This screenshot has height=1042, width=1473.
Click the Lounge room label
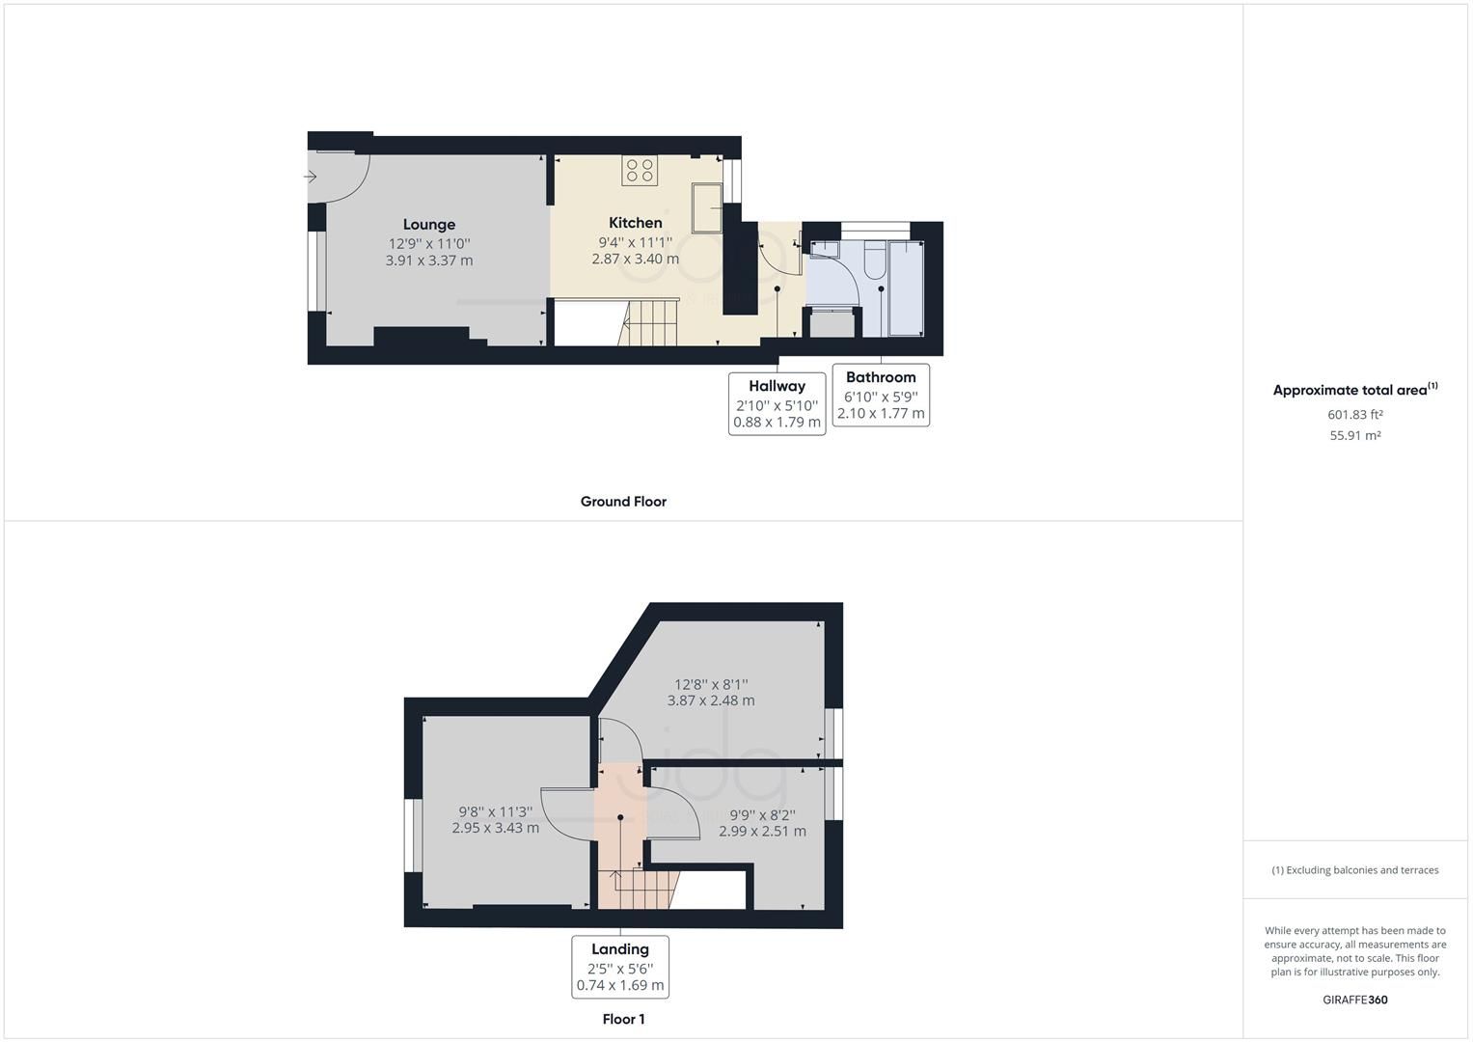coord(429,225)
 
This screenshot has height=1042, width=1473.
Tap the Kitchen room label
coord(635,223)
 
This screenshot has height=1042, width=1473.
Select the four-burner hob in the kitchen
coord(641,171)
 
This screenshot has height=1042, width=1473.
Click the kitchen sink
coord(706,206)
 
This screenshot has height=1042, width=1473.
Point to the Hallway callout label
coord(777,386)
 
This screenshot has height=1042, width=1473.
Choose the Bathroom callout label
coord(880,377)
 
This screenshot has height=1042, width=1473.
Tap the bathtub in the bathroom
coord(906,288)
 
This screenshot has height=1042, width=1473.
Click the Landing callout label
coord(619,949)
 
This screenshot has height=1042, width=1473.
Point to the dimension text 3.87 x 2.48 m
coord(711,700)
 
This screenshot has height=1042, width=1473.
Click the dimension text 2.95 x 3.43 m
coord(496,828)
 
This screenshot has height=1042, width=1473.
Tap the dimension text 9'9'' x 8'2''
coord(762,814)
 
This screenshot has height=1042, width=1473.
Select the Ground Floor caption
coord(623,502)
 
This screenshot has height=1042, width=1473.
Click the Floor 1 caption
coord(623,1019)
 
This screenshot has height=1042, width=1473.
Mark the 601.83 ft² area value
coord(1355,415)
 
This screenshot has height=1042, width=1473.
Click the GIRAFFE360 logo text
coord(1354,1000)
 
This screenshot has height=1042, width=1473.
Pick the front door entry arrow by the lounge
coord(311,177)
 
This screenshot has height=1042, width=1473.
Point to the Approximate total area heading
coord(1354,390)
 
